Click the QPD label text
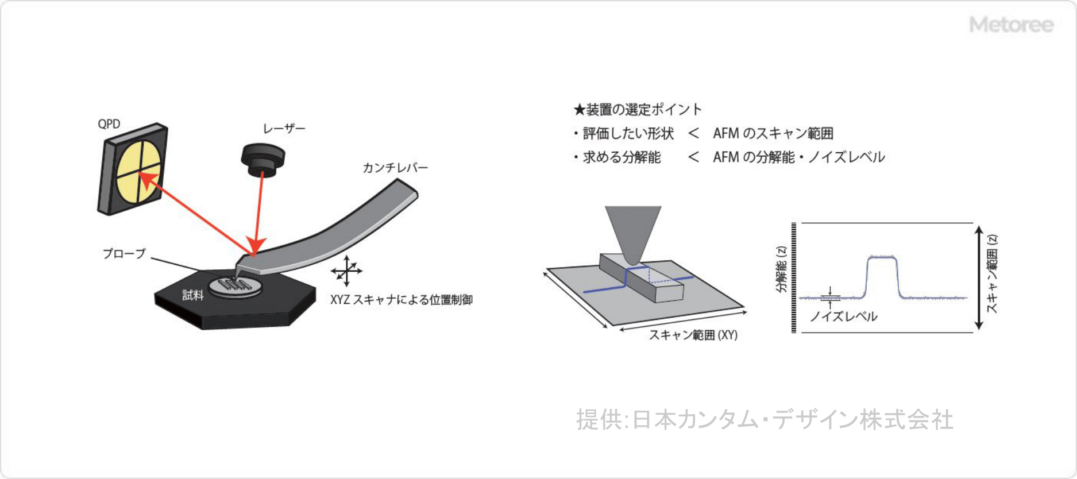pyautogui.click(x=109, y=124)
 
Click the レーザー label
pyautogui.click(x=284, y=129)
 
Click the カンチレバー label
pyautogui.click(x=395, y=168)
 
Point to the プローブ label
pyautogui.click(x=125, y=253)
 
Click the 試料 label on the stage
pyautogui.click(x=193, y=295)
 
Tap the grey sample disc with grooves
pyautogui.click(x=234, y=285)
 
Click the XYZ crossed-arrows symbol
pyautogui.click(x=346, y=270)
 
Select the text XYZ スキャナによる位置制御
pyautogui.click(x=402, y=300)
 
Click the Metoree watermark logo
pyautogui.click(x=1011, y=25)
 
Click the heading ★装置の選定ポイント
pyautogui.click(x=638, y=109)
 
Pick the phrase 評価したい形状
pyautogui.click(x=628, y=133)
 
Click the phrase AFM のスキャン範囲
pyautogui.click(x=773, y=133)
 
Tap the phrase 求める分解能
pyautogui.click(x=622, y=157)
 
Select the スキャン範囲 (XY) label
pyautogui.click(x=693, y=335)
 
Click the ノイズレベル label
pyautogui.click(x=844, y=316)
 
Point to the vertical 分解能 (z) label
pyautogui.click(x=781, y=269)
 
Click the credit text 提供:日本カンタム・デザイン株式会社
pyautogui.click(x=765, y=420)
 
